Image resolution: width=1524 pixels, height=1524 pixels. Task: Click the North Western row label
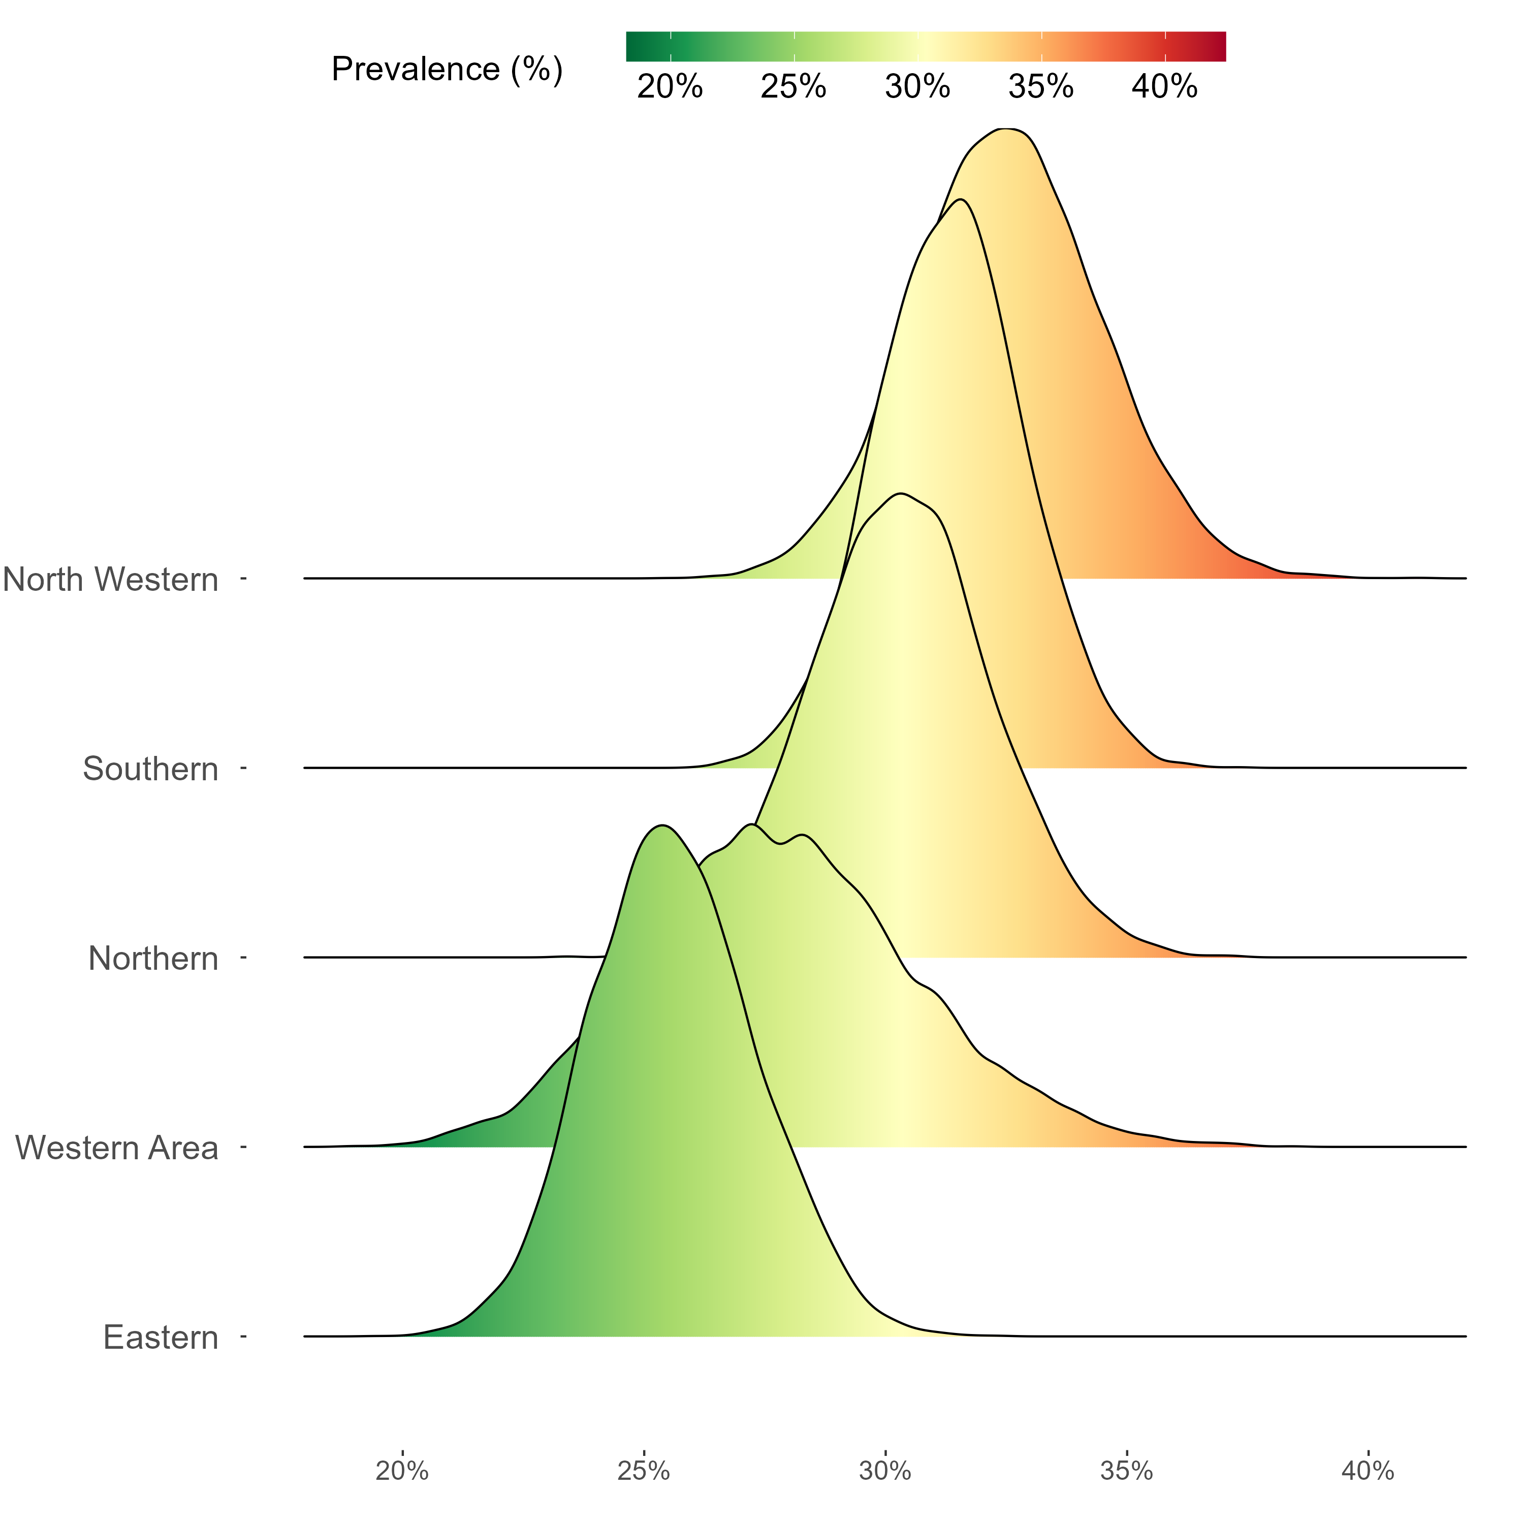[110, 580]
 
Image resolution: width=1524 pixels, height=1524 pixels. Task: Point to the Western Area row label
[117, 1148]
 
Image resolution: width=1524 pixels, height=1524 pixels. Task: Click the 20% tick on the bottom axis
[402, 1471]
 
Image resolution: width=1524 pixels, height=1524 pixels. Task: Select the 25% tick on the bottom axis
[644, 1471]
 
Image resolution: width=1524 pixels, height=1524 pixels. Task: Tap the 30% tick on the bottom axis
[885, 1471]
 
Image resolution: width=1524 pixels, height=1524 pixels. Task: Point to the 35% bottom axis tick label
[1126, 1471]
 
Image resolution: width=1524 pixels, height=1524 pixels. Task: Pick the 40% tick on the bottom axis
[1368, 1471]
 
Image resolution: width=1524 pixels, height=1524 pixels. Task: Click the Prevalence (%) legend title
[447, 70]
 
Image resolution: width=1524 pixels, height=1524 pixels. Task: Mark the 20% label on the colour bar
[670, 87]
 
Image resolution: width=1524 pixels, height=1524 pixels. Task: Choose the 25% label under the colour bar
[793, 87]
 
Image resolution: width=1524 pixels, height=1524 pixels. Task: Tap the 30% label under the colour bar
[917, 87]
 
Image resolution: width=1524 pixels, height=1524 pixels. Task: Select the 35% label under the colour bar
[1041, 87]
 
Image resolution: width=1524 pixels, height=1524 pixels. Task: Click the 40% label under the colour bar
[1164, 87]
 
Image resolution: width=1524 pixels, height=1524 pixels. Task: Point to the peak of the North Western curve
[1003, 129]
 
